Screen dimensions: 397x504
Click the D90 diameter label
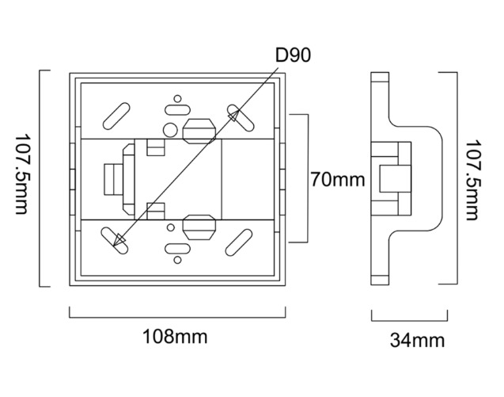coord(294,55)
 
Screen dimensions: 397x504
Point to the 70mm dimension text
coord(337,180)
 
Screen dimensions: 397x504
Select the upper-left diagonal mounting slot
coord(116,115)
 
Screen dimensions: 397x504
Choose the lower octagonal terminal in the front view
coord(199,227)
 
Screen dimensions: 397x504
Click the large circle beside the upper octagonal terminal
coord(171,129)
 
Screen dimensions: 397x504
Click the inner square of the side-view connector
coord(390,178)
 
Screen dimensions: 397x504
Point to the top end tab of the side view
coord(380,79)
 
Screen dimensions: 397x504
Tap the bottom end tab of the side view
coord(380,277)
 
